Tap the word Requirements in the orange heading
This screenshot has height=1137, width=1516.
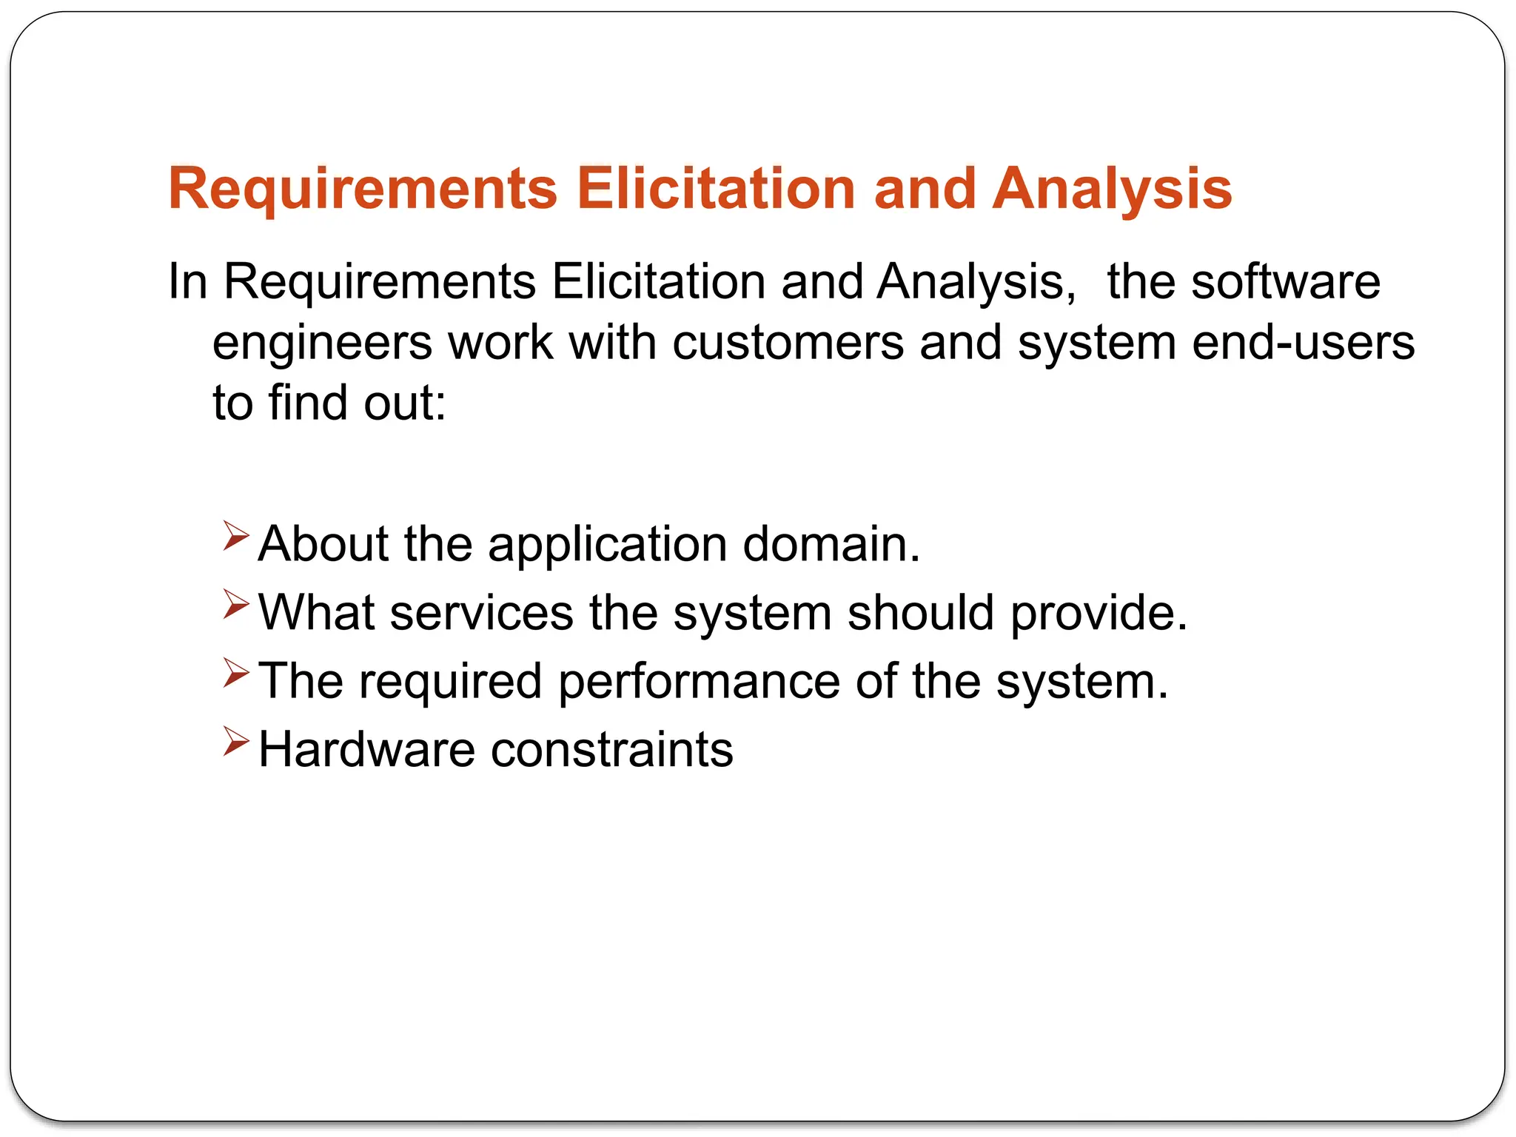tap(363, 189)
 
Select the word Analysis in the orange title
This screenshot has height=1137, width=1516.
tap(1112, 189)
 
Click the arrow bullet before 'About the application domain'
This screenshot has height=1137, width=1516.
tap(235, 536)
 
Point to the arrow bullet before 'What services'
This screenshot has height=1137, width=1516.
tap(235, 605)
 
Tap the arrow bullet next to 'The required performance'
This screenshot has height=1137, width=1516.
tap(235, 673)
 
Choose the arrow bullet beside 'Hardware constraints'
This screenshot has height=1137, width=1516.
tap(235, 741)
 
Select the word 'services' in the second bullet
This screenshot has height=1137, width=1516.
tap(482, 613)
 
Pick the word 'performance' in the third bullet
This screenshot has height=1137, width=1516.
tap(699, 682)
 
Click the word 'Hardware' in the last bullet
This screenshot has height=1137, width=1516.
tap(366, 750)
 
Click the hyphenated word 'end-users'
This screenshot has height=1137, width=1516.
tap(1303, 343)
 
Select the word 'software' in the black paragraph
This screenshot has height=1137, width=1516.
tap(1285, 282)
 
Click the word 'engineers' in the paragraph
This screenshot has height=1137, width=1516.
tap(322, 344)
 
